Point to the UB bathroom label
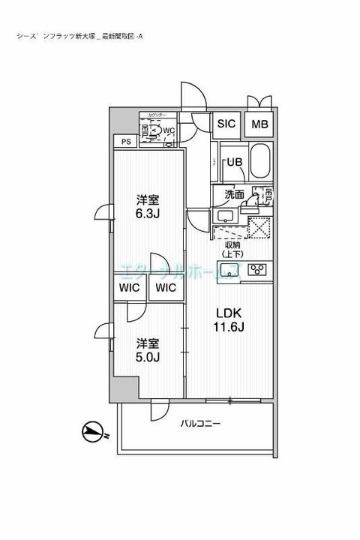click(x=235, y=161)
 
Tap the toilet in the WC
click(x=155, y=132)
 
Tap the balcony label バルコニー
click(x=200, y=424)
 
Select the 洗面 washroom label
click(x=234, y=194)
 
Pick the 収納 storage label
click(x=232, y=244)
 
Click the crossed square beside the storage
click(x=259, y=226)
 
